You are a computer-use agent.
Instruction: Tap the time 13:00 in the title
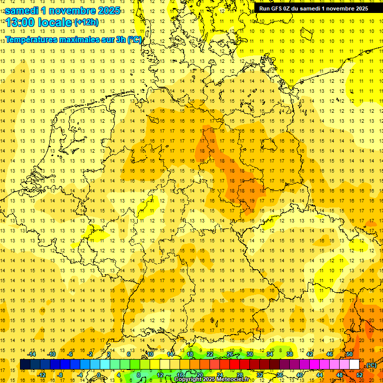tap(19, 22)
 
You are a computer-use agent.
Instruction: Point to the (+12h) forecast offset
tap(86, 22)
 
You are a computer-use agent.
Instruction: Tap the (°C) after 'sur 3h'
tap(135, 39)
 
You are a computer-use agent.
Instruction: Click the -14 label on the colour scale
tap(32, 354)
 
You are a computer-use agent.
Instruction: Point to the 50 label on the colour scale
tap(350, 354)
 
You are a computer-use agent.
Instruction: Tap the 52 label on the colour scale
tap(360, 375)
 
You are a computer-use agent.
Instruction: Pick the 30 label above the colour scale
tap(250, 354)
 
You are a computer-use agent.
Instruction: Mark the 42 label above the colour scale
tap(310, 354)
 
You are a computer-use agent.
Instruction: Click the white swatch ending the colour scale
tap(355, 365)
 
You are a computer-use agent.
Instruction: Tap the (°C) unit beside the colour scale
tap(371, 365)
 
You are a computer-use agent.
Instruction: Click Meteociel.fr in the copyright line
tap(231, 380)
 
